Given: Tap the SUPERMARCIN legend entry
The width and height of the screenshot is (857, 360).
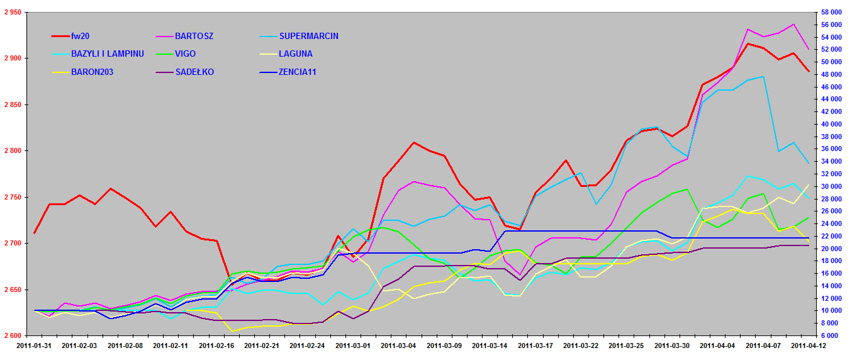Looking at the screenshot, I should coord(308,36).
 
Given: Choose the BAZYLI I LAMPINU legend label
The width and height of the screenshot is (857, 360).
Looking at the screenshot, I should coord(108,53).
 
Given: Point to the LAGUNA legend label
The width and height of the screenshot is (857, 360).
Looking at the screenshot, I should coord(295,53).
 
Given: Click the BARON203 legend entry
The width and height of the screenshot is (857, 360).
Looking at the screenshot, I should coord(92,72).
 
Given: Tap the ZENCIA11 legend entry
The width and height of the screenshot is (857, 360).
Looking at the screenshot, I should coord(297,72).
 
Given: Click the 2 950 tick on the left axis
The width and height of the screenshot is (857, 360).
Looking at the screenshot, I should coord(13,12).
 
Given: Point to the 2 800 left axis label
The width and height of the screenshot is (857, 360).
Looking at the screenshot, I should coord(13,151).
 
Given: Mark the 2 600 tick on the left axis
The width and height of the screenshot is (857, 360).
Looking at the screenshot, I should coord(13,336).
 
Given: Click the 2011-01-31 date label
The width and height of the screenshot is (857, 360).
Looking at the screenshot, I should coord(34,346).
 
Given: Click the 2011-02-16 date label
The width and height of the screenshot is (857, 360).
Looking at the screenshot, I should coord(215,346).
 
